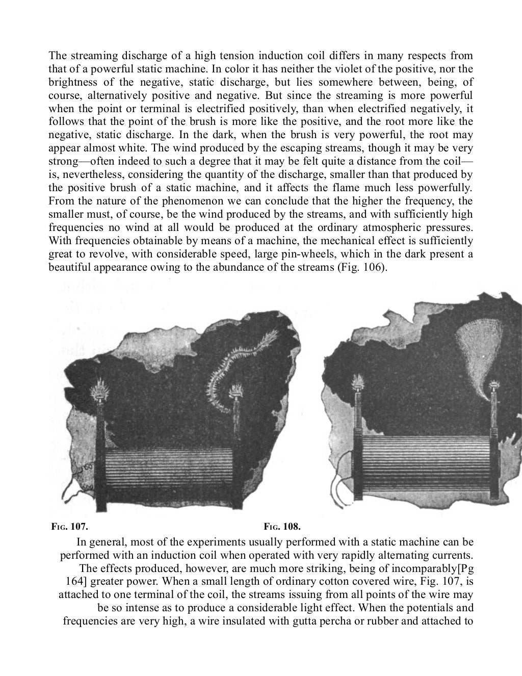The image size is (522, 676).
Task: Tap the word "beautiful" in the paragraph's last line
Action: tap(70, 267)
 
